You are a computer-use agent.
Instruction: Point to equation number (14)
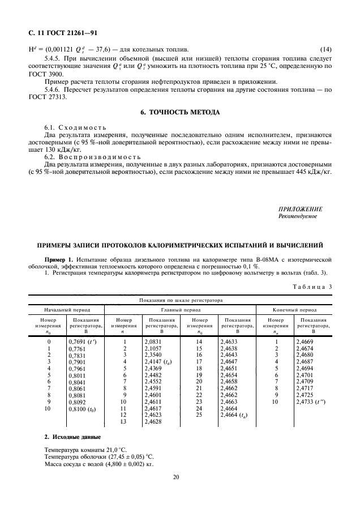[326, 49]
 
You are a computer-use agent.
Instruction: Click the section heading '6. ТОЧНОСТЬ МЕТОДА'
[179, 113]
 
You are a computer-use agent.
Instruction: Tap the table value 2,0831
[154, 342]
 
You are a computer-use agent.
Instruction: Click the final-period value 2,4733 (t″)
[310, 402]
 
